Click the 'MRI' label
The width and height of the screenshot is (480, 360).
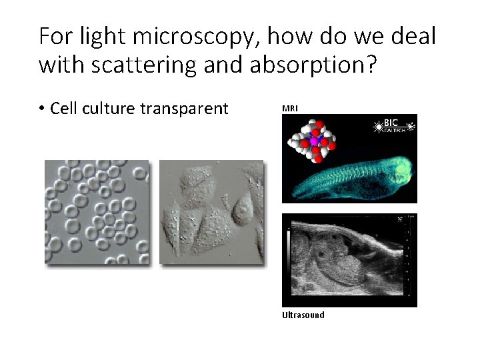[290, 108]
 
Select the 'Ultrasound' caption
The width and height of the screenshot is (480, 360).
[303, 315]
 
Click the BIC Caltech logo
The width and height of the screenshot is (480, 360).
[393, 126]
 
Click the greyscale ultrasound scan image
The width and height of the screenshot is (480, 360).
[349, 260]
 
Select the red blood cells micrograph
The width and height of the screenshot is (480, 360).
[96, 213]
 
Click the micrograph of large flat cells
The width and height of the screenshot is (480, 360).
[211, 213]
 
